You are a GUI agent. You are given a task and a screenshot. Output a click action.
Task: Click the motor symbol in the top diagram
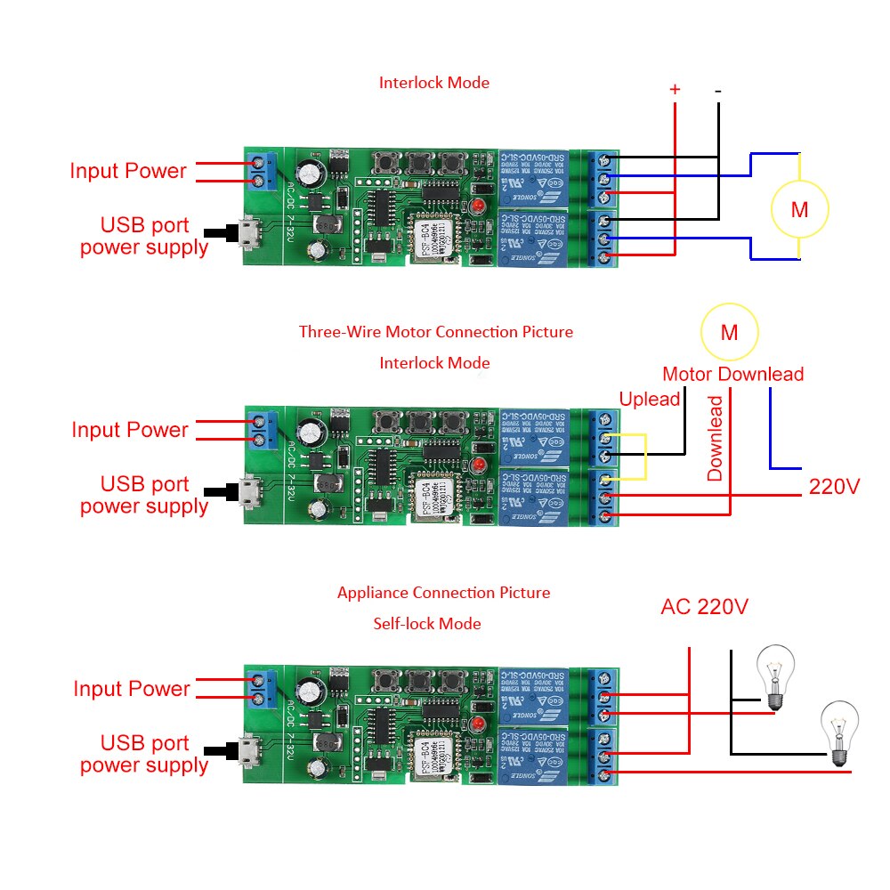coord(799,210)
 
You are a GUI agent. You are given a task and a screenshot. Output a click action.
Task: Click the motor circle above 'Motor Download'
coord(729,332)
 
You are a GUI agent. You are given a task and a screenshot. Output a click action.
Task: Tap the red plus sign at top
coord(675,89)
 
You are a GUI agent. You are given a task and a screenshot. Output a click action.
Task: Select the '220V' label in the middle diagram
coord(834,487)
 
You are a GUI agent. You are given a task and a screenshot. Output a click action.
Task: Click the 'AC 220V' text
coord(704,607)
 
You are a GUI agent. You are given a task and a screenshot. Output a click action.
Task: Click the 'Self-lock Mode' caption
coord(426,624)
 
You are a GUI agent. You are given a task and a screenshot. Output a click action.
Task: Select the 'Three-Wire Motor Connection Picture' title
coord(435,332)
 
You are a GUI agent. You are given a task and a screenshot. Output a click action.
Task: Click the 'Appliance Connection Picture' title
coord(443,593)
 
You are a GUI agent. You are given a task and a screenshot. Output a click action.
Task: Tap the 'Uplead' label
coord(650,399)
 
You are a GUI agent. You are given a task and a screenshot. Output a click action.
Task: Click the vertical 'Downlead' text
coord(716,439)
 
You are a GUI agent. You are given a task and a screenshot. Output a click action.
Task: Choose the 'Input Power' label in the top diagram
coord(128,171)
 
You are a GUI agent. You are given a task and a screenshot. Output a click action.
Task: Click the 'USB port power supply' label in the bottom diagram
coord(144,754)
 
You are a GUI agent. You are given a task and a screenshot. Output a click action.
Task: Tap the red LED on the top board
coord(479,206)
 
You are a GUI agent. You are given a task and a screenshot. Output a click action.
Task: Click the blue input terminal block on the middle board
coord(260,431)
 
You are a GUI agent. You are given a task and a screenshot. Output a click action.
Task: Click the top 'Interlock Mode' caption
coord(434,83)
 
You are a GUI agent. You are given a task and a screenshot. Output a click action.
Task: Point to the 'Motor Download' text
coord(732,374)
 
